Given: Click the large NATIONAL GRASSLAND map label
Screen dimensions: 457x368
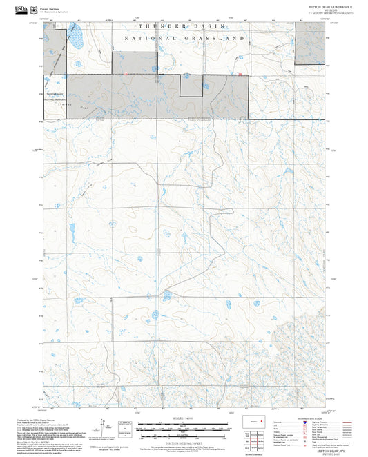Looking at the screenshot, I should pyautogui.click(x=184, y=39).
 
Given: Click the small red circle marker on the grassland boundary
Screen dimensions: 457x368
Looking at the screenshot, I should pyautogui.click(x=126, y=75).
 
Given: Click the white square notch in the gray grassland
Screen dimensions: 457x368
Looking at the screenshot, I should pyautogui.click(x=191, y=86).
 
